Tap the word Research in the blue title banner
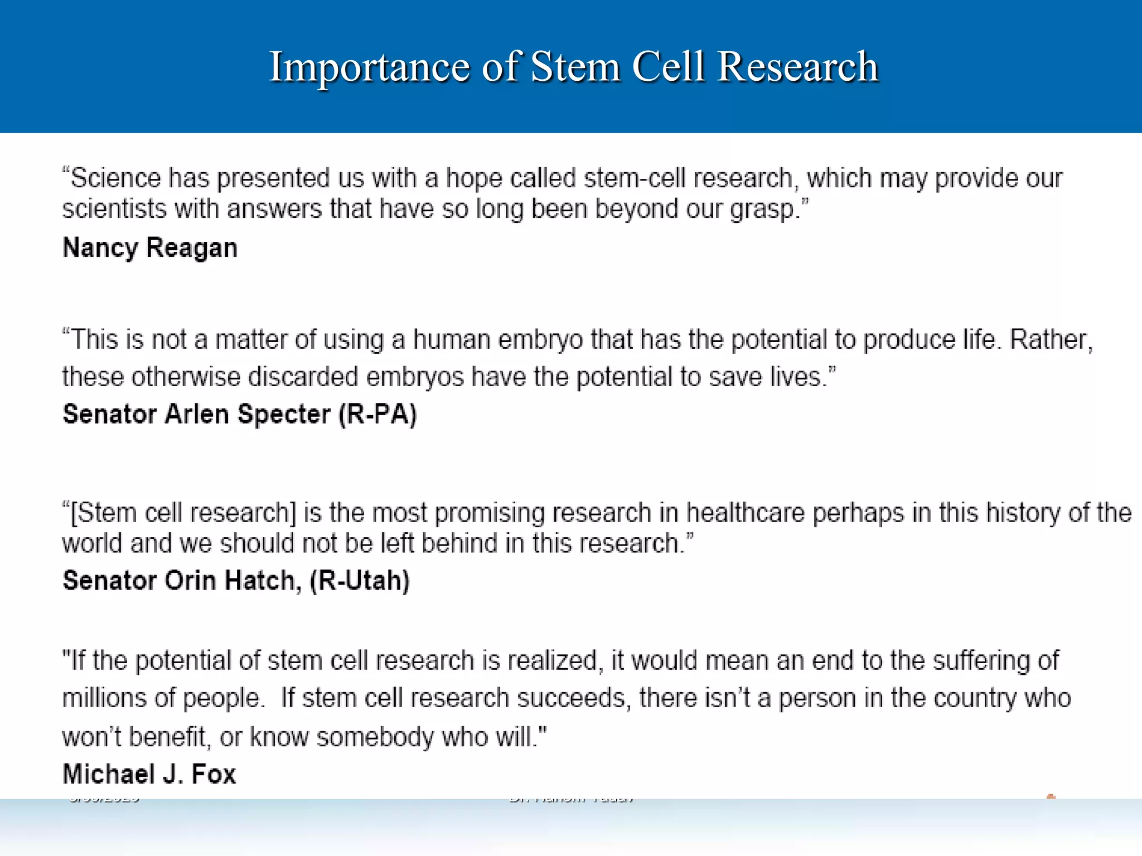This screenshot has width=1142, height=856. pyautogui.click(x=797, y=67)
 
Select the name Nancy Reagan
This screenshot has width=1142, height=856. pyautogui.click(x=150, y=248)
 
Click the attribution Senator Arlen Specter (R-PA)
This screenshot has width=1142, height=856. pyautogui.click(x=240, y=414)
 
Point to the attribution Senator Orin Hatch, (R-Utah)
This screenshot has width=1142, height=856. pyautogui.click(x=236, y=581)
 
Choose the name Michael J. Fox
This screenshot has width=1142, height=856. pyautogui.click(x=149, y=774)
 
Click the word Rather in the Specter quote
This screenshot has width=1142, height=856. pyautogui.click(x=1048, y=340)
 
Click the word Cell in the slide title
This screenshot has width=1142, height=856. pyautogui.click(x=668, y=67)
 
